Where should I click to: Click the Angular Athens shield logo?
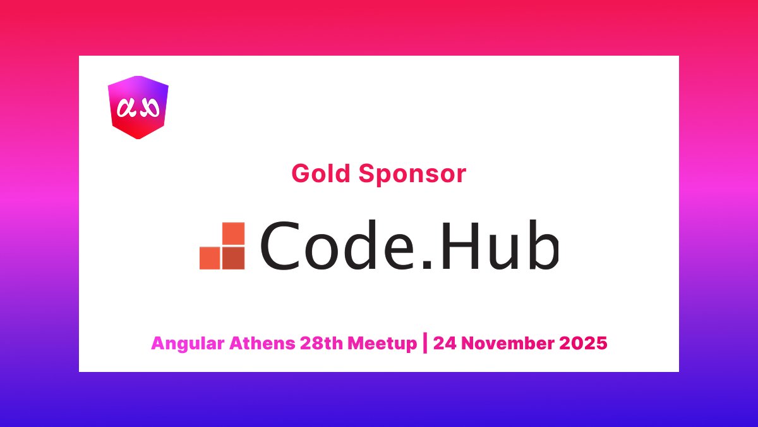click(x=138, y=106)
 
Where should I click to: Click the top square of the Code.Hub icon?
click(x=234, y=233)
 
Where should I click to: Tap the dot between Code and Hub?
click(x=426, y=264)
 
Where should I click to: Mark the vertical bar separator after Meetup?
click(x=424, y=343)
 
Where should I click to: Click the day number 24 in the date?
click(x=443, y=343)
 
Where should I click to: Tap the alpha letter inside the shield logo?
click(x=128, y=108)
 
